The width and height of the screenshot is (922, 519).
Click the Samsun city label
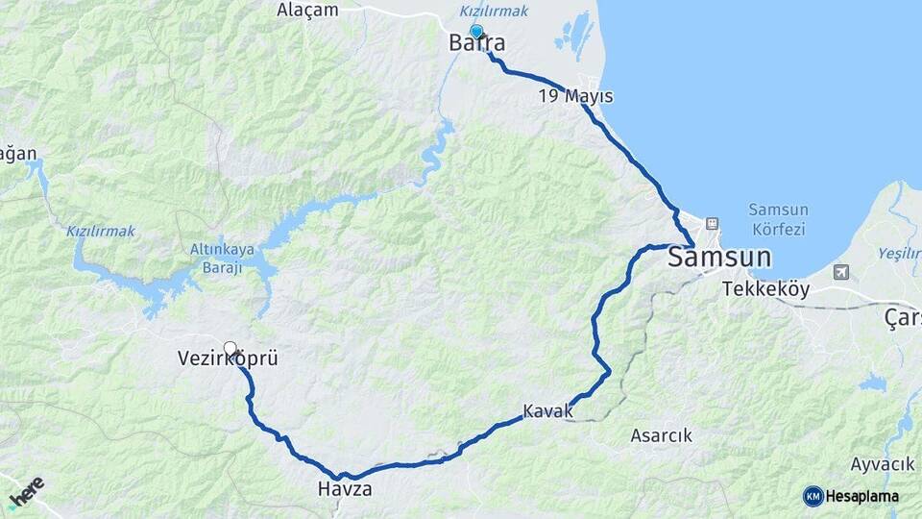coord(719,257)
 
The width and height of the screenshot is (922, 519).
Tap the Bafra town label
coord(477,43)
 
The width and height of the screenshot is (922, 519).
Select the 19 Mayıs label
coord(575,96)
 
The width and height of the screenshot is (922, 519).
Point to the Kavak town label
coord(547,411)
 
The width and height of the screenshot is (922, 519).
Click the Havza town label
coord(344,489)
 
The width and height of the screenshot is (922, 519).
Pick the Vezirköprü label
coord(228,358)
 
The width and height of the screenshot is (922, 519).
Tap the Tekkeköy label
coord(765,288)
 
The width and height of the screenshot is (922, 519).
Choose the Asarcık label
coord(661,435)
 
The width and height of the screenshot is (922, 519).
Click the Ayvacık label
coord(882,464)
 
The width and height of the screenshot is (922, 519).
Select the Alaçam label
coord(307,11)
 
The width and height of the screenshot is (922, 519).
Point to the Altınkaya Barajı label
coord(222,259)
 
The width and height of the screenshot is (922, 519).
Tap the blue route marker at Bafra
coord(476,32)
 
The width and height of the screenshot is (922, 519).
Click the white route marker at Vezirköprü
coord(230,348)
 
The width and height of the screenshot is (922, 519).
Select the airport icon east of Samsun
coord(841,272)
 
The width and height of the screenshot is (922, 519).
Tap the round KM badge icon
coord(813,496)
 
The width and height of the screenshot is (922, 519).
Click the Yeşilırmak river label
coord(899,253)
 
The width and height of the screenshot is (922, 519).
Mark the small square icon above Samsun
coord(712,224)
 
